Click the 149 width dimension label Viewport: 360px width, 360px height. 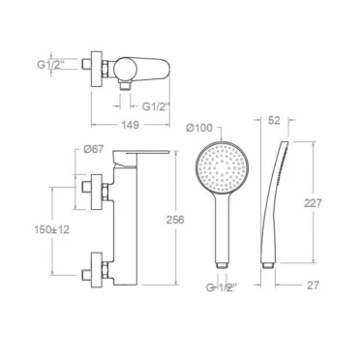[x=131, y=125]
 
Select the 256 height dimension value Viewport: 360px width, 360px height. [x=175, y=220]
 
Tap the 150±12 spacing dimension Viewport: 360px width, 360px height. [x=52, y=230]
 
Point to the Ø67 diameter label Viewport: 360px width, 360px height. [x=94, y=149]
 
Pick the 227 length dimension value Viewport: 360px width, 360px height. [x=313, y=203]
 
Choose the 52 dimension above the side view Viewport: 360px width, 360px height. [x=274, y=120]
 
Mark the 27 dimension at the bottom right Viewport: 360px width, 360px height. [x=313, y=285]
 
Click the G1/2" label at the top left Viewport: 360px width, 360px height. [x=50, y=65]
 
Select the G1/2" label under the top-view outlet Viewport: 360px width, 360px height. [x=156, y=106]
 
